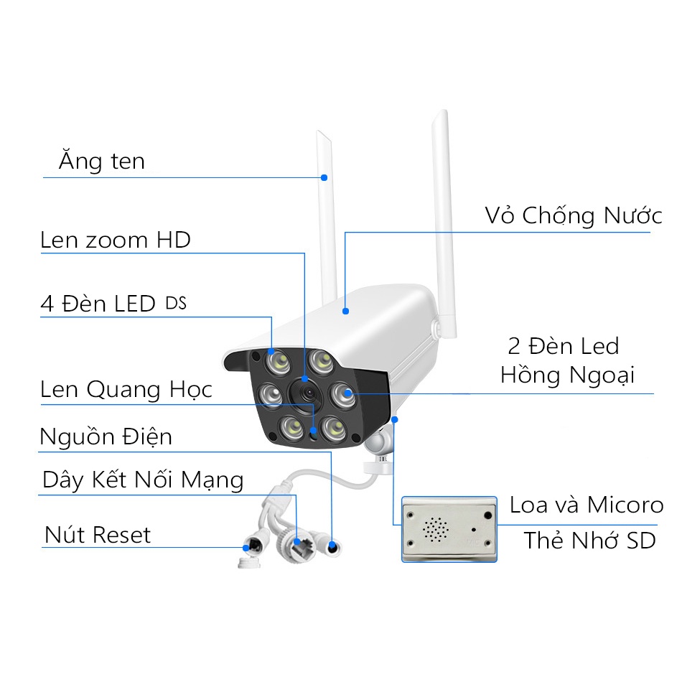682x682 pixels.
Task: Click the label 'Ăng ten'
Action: [102, 161]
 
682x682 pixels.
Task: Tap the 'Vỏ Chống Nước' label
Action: [574, 215]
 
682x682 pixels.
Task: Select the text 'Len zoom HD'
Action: [116, 240]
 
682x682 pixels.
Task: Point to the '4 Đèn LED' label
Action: [98, 304]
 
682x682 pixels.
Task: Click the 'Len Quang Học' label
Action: [126, 389]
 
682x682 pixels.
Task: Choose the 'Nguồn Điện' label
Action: [106, 436]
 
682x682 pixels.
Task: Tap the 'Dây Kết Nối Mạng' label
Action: [143, 480]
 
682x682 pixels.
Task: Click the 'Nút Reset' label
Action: [98, 535]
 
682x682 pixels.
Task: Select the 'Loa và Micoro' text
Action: [587, 505]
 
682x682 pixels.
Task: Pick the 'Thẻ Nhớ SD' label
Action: [590, 541]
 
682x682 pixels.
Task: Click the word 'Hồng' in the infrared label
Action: [530, 375]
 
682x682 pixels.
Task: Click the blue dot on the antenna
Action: [324, 177]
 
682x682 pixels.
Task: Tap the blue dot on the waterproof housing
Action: [345, 311]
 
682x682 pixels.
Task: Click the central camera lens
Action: [307, 393]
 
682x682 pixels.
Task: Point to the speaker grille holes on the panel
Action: [436, 529]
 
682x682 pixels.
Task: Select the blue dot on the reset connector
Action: [246, 548]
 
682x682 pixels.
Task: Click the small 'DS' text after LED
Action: [176, 303]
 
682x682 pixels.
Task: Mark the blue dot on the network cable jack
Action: [296, 542]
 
